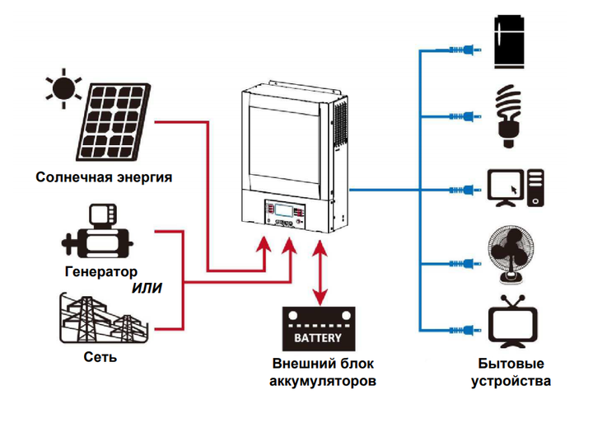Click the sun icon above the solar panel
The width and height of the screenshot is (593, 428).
tap(63, 88)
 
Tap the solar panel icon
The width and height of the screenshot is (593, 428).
tap(114, 121)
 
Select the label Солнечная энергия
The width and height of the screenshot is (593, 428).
tap(104, 177)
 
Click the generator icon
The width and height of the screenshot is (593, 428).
tap(97, 232)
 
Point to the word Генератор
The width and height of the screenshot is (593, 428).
tap(101, 271)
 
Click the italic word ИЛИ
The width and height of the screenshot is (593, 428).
tap(147, 289)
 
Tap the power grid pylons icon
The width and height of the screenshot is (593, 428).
tap(104, 317)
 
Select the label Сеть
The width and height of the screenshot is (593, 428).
tap(100, 357)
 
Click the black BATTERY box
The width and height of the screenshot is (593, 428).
tap(319, 329)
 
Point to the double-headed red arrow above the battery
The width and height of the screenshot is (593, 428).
tap(320, 272)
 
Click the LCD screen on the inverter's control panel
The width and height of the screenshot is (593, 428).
tap(284, 210)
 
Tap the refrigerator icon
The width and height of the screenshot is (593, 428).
tap(510, 42)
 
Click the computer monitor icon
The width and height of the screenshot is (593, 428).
tap(506, 188)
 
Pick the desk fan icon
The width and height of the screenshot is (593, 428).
tap(511, 255)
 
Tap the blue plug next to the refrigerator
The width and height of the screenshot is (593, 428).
tap(465, 49)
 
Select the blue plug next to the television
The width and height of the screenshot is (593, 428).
tap(465, 331)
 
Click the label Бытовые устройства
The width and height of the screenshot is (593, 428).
tap(511, 372)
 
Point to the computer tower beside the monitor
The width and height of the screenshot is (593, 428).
tap(535, 188)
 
